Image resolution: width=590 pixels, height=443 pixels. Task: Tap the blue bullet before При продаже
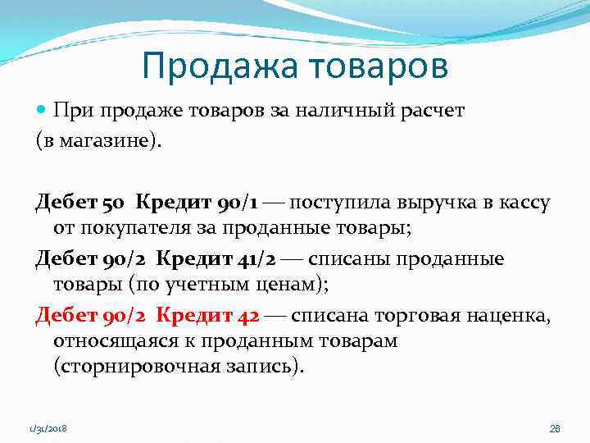42,112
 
